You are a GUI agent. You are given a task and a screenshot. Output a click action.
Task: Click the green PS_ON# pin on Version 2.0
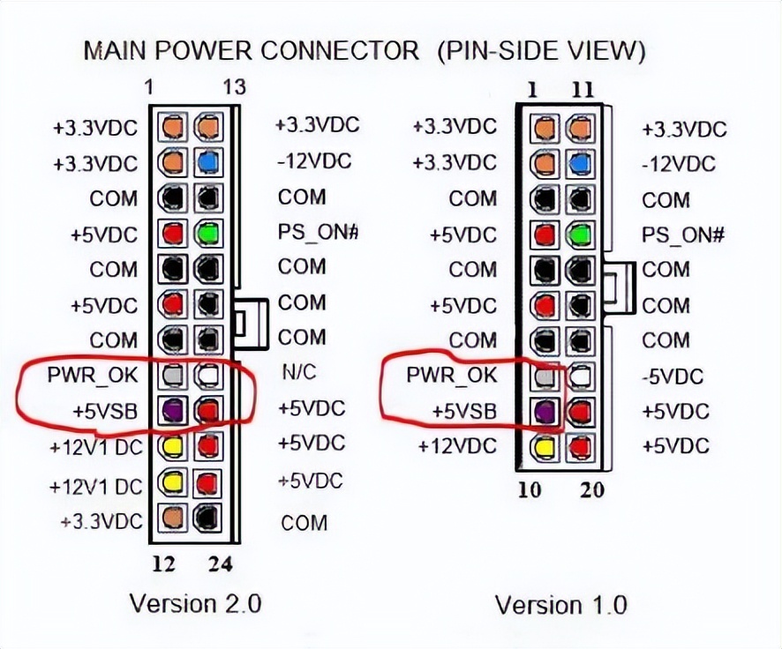(208, 234)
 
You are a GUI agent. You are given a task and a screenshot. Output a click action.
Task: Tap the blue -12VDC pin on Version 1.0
(579, 165)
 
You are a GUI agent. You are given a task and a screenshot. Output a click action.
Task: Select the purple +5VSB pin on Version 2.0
(171, 410)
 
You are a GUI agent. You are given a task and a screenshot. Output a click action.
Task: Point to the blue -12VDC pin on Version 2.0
(208, 163)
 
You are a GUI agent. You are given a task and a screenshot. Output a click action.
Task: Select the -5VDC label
(673, 377)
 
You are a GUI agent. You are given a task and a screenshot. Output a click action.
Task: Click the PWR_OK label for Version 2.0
(93, 375)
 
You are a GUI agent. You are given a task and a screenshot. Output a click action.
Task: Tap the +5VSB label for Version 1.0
(463, 411)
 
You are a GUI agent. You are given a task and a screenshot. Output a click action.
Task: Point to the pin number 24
(219, 564)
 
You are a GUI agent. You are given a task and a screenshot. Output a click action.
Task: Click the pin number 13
(234, 87)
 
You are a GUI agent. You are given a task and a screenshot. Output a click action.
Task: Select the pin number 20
(592, 489)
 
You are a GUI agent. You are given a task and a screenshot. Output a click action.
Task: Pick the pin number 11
(583, 90)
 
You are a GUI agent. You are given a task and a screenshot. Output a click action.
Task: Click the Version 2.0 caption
(195, 604)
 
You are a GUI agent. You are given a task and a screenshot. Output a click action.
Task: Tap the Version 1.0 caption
(560, 606)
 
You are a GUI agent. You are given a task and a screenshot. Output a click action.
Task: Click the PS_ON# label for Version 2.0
(316, 233)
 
